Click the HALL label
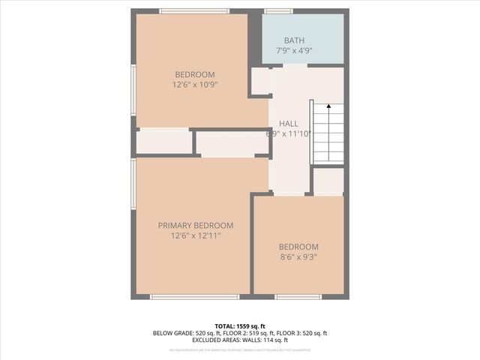click(289, 124)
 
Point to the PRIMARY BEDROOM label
click(195, 225)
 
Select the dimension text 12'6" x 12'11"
click(195, 235)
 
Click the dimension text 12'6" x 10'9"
click(195, 85)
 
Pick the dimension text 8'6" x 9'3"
click(298, 257)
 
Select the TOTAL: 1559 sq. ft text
click(240, 325)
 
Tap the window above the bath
click(278, 11)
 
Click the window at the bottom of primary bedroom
click(194, 297)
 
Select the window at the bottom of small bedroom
click(298, 297)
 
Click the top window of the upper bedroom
click(194, 11)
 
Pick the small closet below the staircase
click(328, 181)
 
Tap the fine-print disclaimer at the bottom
click(240, 350)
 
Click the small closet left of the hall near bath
click(260, 81)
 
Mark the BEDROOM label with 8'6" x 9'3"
click(298, 247)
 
